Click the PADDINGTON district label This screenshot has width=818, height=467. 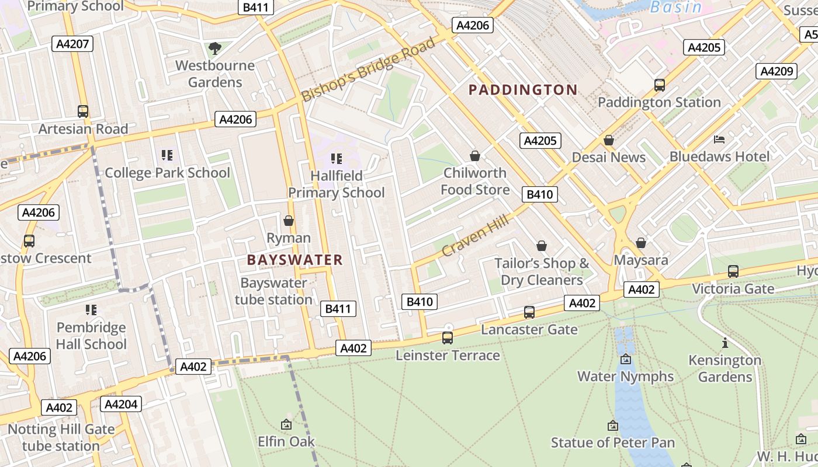point(523,90)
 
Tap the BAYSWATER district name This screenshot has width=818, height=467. point(294,260)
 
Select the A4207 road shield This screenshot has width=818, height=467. point(72,44)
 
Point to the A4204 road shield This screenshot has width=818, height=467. point(121,404)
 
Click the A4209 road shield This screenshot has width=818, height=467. point(776,71)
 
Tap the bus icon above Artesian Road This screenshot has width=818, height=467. point(83,111)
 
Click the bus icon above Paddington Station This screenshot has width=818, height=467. point(659,85)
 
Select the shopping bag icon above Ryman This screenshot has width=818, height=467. point(288,221)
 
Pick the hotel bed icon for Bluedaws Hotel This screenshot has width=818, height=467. point(719,140)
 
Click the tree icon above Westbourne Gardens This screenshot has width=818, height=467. point(215,48)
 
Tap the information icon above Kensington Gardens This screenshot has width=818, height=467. point(725,343)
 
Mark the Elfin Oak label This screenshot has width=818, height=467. point(286,441)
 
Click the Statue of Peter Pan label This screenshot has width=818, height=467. point(612,442)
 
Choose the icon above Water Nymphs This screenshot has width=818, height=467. point(626,359)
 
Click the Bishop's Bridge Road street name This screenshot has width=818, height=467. point(369,69)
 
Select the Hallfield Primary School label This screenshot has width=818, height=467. point(336,184)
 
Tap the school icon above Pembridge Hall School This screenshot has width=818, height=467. point(91,309)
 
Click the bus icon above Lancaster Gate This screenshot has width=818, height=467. point(529,312)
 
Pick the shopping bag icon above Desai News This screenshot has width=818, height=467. point(608,140)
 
